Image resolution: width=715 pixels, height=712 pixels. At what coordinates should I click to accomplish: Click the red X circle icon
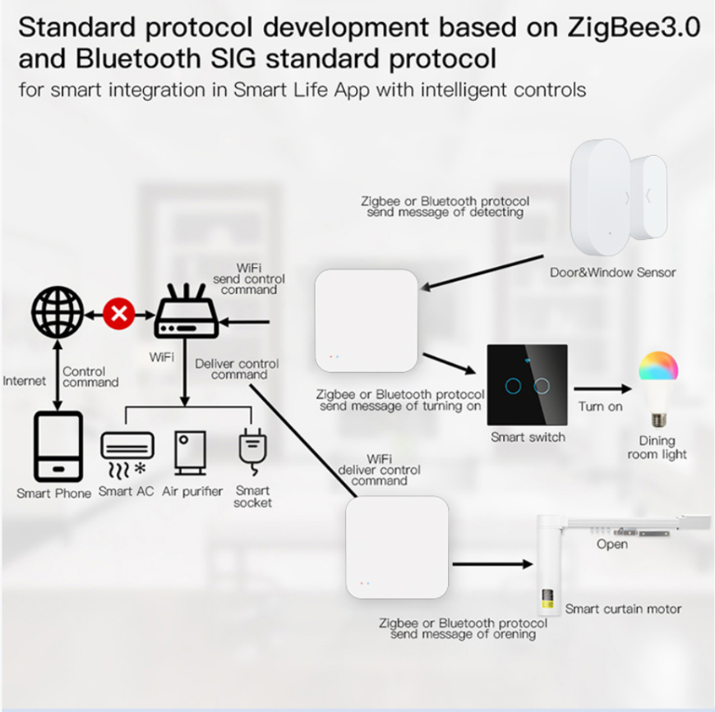pyautogui.click(x=119, y=314)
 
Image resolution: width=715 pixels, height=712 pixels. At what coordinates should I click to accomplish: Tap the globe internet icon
pyautogui.click(x=58, y=312)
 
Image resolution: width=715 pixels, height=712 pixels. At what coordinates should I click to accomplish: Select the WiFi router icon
pyautogui.click(x=186, y=310)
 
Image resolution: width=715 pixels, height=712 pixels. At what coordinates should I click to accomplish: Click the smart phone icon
pyautogui.click(x=58, y=447)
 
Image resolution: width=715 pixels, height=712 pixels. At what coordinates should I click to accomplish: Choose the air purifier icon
pyautogui.click(x=191, y=452)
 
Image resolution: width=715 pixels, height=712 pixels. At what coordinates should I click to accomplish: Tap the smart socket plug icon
pyautogui.click(x=252, y=451)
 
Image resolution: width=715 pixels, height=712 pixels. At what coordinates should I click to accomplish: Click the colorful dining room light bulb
pyautogui.click(x=658, y=389)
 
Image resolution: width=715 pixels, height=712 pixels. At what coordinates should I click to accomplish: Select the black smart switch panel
pyautogui.click(x=527, y=385)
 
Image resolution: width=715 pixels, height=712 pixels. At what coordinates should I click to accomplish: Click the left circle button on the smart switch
pyautogui.click(x=513, y=386)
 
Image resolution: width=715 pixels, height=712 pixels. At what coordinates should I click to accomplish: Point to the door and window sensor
pyautogui.click(x=618, y=197)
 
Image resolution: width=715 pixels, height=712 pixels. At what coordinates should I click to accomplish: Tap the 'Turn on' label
pyautogui.click(x=600, y=407)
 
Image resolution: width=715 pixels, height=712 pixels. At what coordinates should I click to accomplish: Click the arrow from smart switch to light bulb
pyautogui.click(x=602, y=389)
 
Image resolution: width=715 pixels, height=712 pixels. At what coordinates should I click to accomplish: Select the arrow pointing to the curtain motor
pyautogui.click(x=492, y=564)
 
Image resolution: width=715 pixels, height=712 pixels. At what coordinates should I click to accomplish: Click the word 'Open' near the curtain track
pyautogui.click(x=612, y=544)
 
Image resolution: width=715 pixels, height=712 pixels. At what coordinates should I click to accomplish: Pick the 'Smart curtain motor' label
pyautogui.click(x=623, y=609)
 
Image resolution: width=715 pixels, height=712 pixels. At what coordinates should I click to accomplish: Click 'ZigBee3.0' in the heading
pyautogui.click(x=634, y=28)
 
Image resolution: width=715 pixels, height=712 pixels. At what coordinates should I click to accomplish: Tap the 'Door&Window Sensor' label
pyautogui.click(x=613, y=273)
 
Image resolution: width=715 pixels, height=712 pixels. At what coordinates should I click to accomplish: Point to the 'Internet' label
pyautogui.click(x=24, y=381)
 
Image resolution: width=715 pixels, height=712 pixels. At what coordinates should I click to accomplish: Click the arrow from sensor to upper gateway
pyautogui.click(x=482, y=273)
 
